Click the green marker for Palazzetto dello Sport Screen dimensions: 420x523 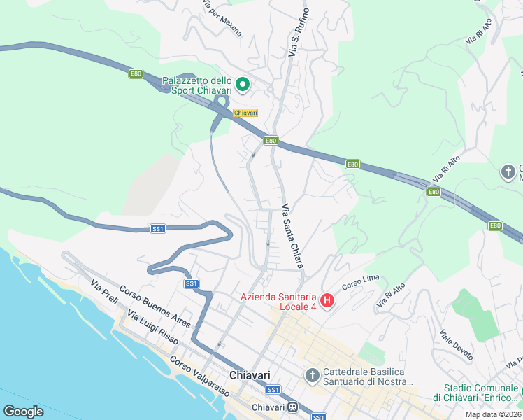click(x=243, y=85)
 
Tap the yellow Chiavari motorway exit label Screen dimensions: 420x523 click(x=245, y=113)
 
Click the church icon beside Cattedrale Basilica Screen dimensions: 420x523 click(x=313, y=376)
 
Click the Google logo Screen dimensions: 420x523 click(x=23, y=412)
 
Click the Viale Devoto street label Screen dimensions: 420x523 click(x=456, y=346)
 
